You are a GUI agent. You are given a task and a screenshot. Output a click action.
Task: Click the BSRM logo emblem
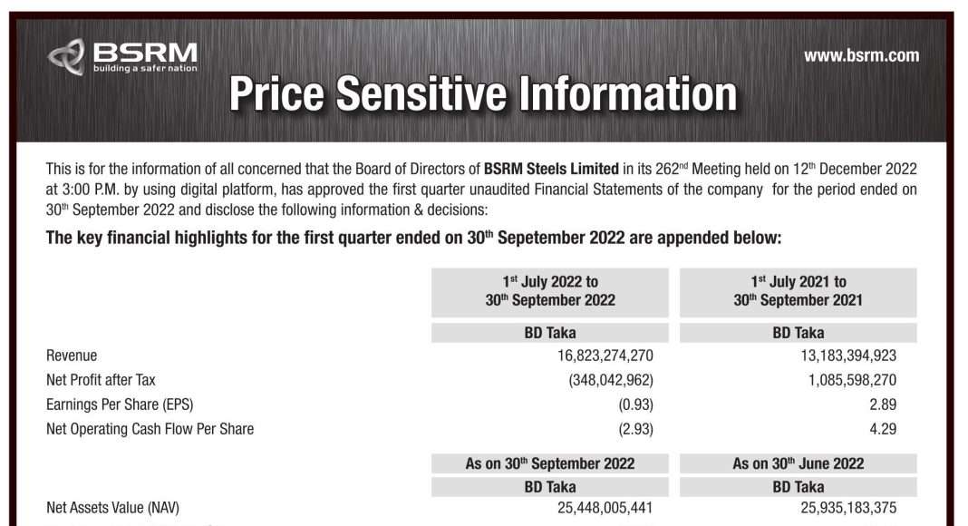point(66,57)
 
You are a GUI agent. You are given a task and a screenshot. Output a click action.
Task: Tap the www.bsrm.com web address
point(861,55)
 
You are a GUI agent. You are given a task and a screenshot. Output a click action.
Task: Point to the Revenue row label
point(72,356)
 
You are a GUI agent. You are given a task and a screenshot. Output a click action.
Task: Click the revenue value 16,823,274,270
point(605,356)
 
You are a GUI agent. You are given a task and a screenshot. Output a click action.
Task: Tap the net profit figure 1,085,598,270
point(852,380)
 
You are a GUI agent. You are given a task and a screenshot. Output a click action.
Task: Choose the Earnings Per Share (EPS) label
point(120,404)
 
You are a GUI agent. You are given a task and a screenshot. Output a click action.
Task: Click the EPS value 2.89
point(883,404)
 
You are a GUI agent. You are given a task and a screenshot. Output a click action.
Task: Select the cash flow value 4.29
point(883,429)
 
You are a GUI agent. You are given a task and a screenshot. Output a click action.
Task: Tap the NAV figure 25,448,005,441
point(605,508)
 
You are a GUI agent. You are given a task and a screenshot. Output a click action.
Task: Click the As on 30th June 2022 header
point(799,463)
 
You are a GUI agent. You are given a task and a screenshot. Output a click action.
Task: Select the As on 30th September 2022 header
point(550,463)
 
